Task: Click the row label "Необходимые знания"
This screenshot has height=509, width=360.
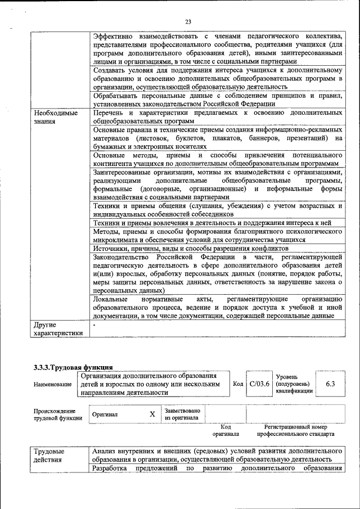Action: click(55, 117)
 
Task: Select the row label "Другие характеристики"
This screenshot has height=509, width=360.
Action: click(58, 329)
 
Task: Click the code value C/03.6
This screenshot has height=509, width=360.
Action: click(259, 384)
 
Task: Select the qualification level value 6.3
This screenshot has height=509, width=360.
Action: click(330, 384)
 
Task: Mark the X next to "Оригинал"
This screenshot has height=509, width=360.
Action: click(152, 414)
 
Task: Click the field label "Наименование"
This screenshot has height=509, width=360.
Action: click(52, 384)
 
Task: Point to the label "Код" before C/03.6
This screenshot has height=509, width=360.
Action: click(237, 384)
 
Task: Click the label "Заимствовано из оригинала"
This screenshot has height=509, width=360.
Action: click(181, 414)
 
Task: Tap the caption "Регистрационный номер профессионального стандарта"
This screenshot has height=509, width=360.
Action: click(296, 431)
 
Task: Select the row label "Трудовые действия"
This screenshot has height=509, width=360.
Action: click(49, 456)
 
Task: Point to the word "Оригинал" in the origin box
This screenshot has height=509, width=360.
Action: click(105, 415)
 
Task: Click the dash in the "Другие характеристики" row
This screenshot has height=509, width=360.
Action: click(94, 325)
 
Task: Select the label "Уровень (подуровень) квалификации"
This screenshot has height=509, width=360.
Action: click(291, 384)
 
